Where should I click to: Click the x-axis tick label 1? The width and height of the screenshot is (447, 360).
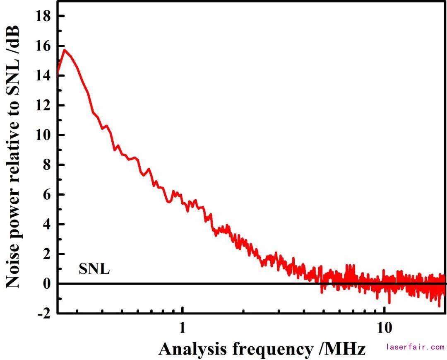[183, 327]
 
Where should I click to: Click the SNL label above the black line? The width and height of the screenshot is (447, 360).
[94, 270]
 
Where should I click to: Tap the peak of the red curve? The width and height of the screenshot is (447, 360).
[65, 50]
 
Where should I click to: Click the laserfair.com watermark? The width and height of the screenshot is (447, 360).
[415, 347]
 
